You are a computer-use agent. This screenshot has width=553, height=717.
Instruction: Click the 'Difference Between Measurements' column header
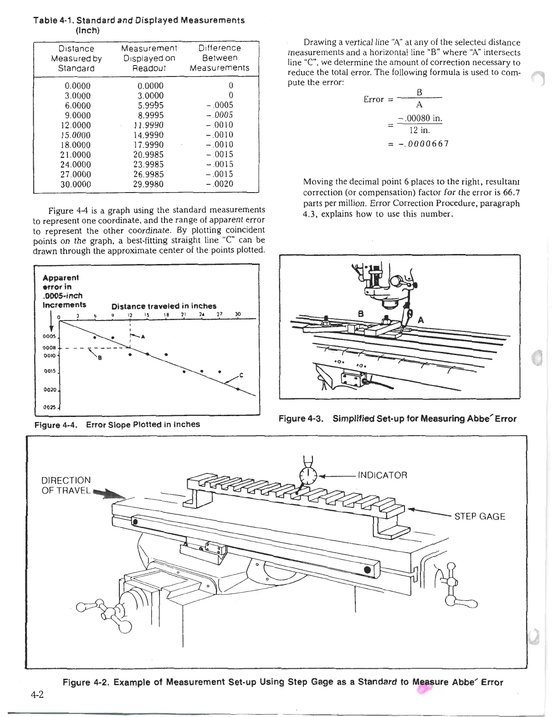click(220, 58)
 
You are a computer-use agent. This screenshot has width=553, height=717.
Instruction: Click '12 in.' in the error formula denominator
click(420, 130)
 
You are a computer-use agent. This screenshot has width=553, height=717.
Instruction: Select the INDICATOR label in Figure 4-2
click(383, 476)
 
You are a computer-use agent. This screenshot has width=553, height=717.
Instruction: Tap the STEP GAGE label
click(480, 517)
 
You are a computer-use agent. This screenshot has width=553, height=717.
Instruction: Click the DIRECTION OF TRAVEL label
click(66, 485)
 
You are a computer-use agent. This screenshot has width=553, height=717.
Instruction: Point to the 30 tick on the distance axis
click(237, 314)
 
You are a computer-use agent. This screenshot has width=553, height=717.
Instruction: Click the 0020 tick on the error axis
click(50, 390)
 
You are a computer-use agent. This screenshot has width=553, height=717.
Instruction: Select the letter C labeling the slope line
click(241, 376)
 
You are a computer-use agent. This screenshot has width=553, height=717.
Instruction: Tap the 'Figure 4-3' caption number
click(301, 419)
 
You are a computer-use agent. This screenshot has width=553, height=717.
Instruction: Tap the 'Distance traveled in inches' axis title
click(164, 306)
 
